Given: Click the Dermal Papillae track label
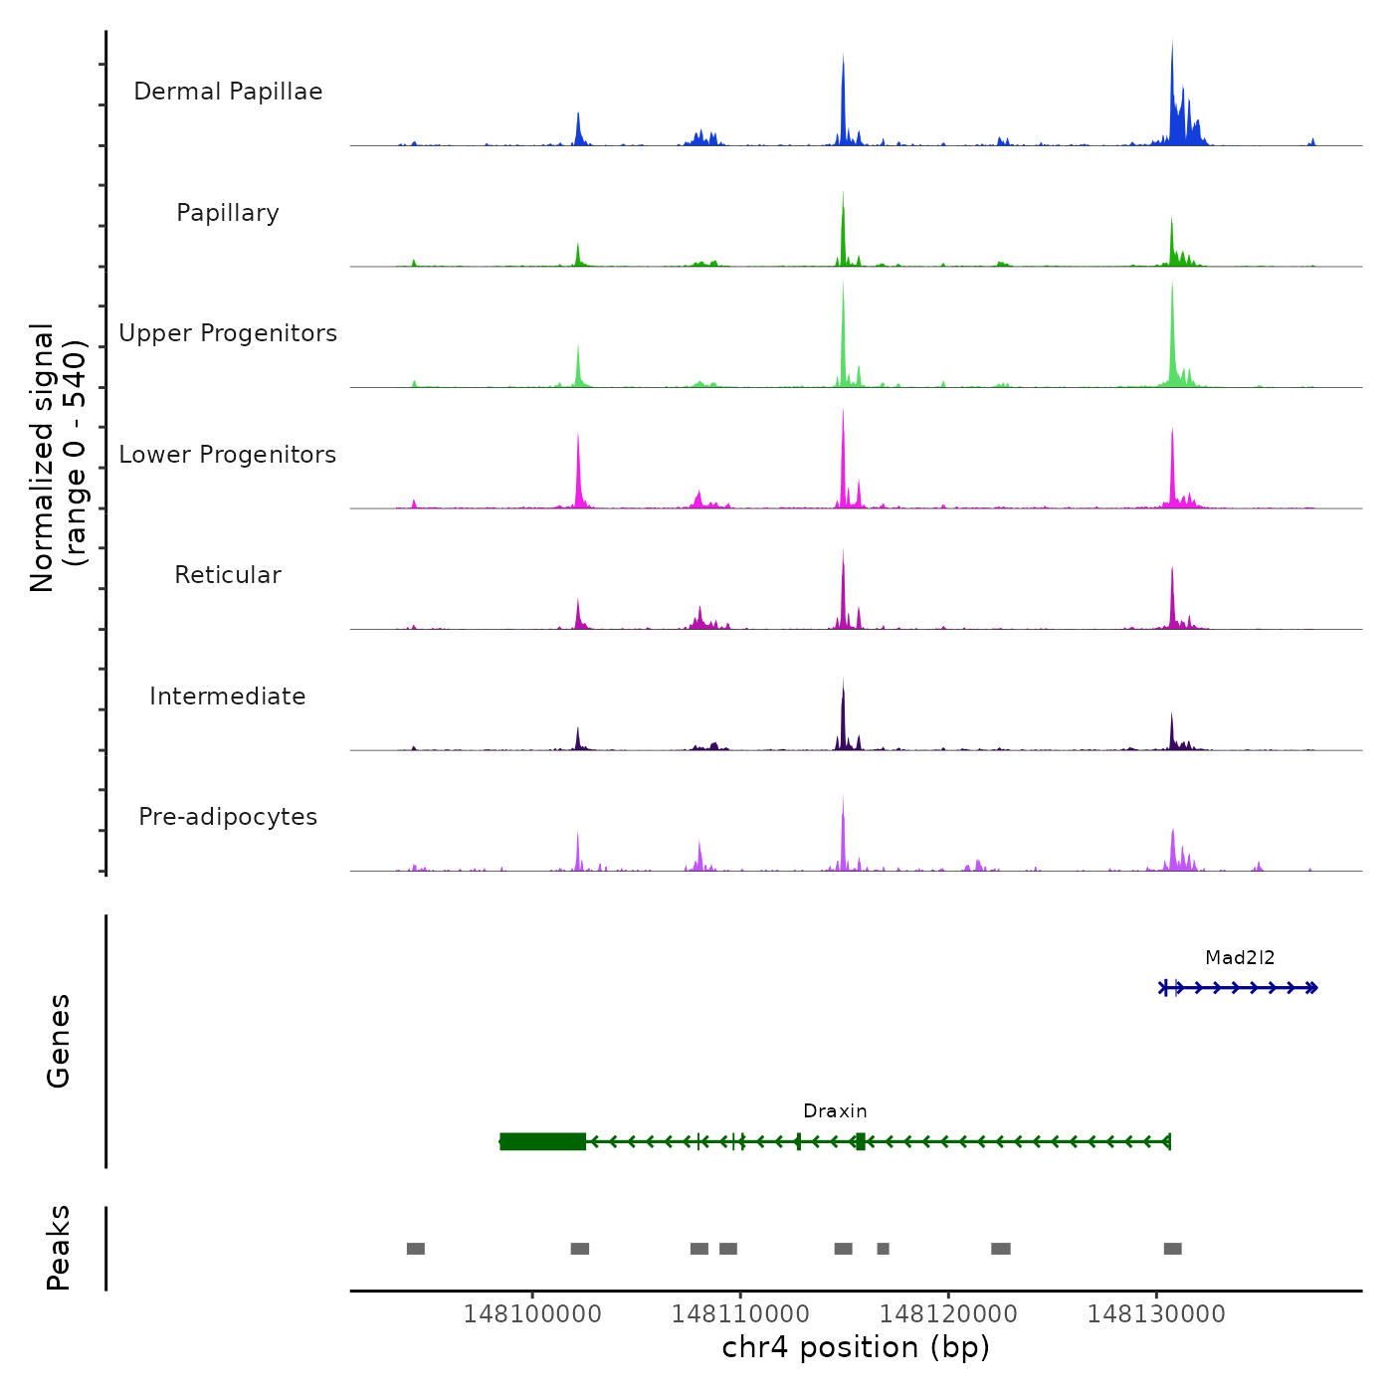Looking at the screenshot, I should click(x=228, y=92).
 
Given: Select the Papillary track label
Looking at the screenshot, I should click(x=228, y=213).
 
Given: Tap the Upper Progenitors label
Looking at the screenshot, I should click(x=228, y=333).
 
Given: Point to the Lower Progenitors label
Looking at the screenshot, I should click(x=228, y=455).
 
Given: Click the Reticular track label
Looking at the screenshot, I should click(x=228, y=575).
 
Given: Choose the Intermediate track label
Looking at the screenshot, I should click(x=228, y=696).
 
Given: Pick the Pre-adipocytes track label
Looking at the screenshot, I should click(x=228, y=817).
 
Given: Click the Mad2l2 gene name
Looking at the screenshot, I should click(x=1240, y=958).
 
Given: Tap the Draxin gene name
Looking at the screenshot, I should click(x=835, y=1111).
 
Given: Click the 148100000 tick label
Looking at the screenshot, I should click(x=532, y=1314).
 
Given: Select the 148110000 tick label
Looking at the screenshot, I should click(x=740, y=1314).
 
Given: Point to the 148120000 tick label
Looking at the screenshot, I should click(x=948, y=1314).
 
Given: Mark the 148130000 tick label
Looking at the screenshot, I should click(x=1156, y=1314).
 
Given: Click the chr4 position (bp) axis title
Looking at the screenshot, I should click(x=856, y=1348).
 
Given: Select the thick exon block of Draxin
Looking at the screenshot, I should click(x=542, y=1141).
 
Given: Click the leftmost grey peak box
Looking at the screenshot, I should click(x=416, y=1249).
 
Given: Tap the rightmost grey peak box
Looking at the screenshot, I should click(x=1173, y=1249).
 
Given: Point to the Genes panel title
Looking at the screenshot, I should click(x=59, y=1041).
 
